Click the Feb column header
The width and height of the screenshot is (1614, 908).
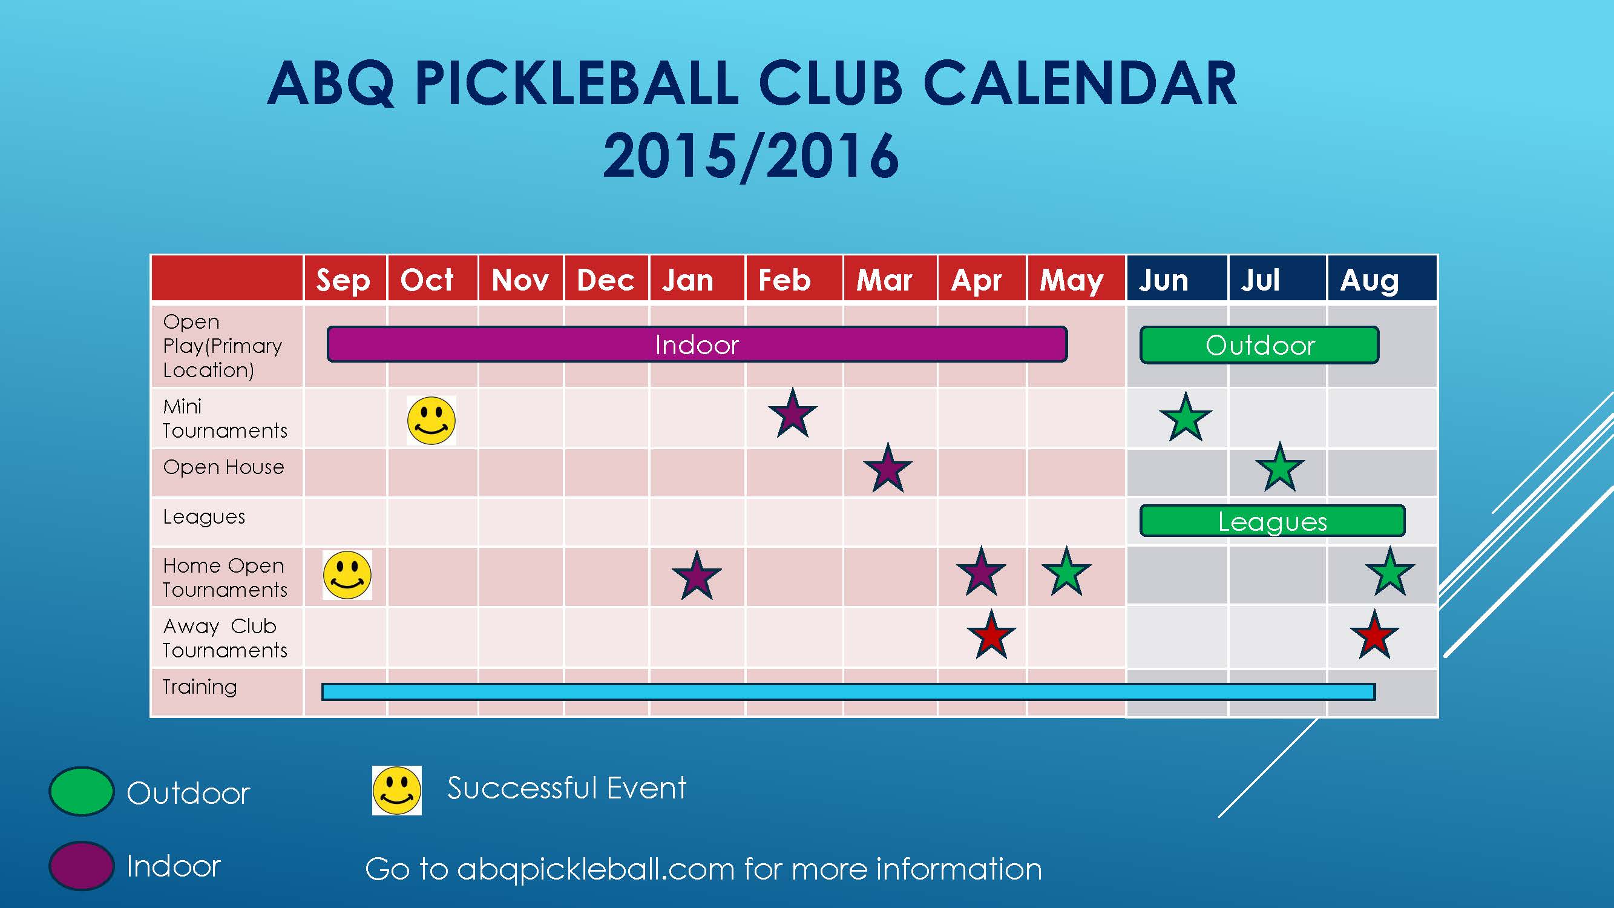click(x=784, y=280)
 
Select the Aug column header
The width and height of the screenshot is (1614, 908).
click(x=1370, y=281)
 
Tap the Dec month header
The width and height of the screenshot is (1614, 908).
click(x=605, y=280)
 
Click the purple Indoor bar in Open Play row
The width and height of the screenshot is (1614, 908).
click(x=697, y=344)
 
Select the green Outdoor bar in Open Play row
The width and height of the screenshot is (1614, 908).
click(x=1259, y=344)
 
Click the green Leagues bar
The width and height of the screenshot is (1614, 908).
click(x=1273, y=521)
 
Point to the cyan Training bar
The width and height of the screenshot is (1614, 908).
click(x=848, y=692)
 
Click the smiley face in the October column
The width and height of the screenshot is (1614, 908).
click(x=431, y=421)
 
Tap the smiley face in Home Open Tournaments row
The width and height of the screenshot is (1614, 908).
click(x=347, y=575)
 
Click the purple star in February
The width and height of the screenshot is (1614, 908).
click(x=793, y=413)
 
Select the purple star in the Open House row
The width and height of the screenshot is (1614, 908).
click(x=888, y=468)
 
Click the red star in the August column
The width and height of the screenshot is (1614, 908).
click(x=1374, y=635)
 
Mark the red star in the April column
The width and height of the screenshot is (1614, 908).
click(x=991, y=635)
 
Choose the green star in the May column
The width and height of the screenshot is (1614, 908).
click(x=1066, y=571)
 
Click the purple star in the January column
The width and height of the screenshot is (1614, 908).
click(x=697, y=576)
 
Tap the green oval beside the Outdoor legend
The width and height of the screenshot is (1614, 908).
click(x=82, y=791)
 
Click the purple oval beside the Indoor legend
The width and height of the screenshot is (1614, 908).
click(x=82, y=866)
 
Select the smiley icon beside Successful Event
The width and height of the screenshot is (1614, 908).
click(x=396, y=790)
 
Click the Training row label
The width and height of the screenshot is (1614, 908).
click(x=200, y=688)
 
